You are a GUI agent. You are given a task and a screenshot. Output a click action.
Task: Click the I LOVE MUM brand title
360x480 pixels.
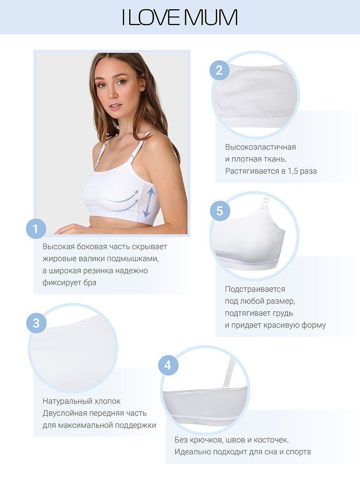coord(180,17)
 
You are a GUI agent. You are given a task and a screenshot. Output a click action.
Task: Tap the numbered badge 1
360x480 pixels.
coord(36,229)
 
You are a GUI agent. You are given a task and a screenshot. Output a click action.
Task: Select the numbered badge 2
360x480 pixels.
coord(220,70)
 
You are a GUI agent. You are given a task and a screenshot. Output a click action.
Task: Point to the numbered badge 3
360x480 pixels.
coord(36,323)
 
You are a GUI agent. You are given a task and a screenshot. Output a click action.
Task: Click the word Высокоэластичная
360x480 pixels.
coord(260,147)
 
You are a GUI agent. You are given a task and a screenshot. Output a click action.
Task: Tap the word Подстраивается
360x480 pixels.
coord(255,289)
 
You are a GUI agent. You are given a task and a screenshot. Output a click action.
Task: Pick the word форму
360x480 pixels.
coord(314,325)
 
